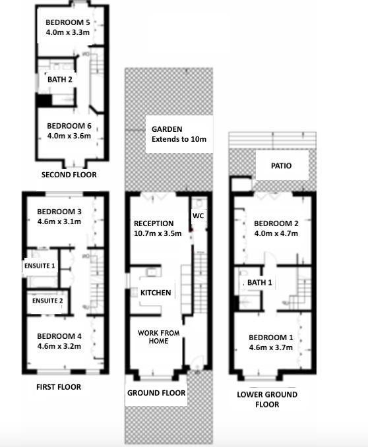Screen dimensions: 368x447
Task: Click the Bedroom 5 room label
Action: (x=68, y=22)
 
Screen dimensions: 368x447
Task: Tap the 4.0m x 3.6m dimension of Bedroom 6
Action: (x=69, y=136)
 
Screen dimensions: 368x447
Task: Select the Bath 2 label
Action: (x=60, y=79)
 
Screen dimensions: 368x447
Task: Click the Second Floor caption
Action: (x=69, y=175)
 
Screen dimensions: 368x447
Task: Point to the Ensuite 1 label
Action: (x=40, y=266)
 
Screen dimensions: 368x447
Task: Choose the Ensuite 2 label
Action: (x=47, y=301)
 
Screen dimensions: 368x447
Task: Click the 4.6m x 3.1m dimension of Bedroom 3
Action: (x=59, y=222)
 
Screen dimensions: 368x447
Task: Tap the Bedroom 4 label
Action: (x=59, y=336)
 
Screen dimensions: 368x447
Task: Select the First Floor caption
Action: (x=59, y=387)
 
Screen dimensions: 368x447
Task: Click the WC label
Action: (x=199, y=216)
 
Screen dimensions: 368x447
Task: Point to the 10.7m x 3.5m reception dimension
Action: (x=158, y=233)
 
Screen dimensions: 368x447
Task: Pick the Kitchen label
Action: (x=156, y=293)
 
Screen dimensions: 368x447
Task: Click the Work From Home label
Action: (x=159, y=337)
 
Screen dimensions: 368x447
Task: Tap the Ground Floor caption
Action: (x=156, y=393)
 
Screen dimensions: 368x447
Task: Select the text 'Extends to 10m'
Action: (x=179, y=139)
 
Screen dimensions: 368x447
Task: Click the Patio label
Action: (x=282, y=165)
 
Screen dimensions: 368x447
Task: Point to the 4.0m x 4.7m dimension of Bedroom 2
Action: (x=276, y=233)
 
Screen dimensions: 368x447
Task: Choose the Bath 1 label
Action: (x=260, y=283)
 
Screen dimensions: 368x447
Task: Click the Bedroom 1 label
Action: (x=271, y=338)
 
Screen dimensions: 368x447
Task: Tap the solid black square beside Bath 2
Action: (x=44, y=101)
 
